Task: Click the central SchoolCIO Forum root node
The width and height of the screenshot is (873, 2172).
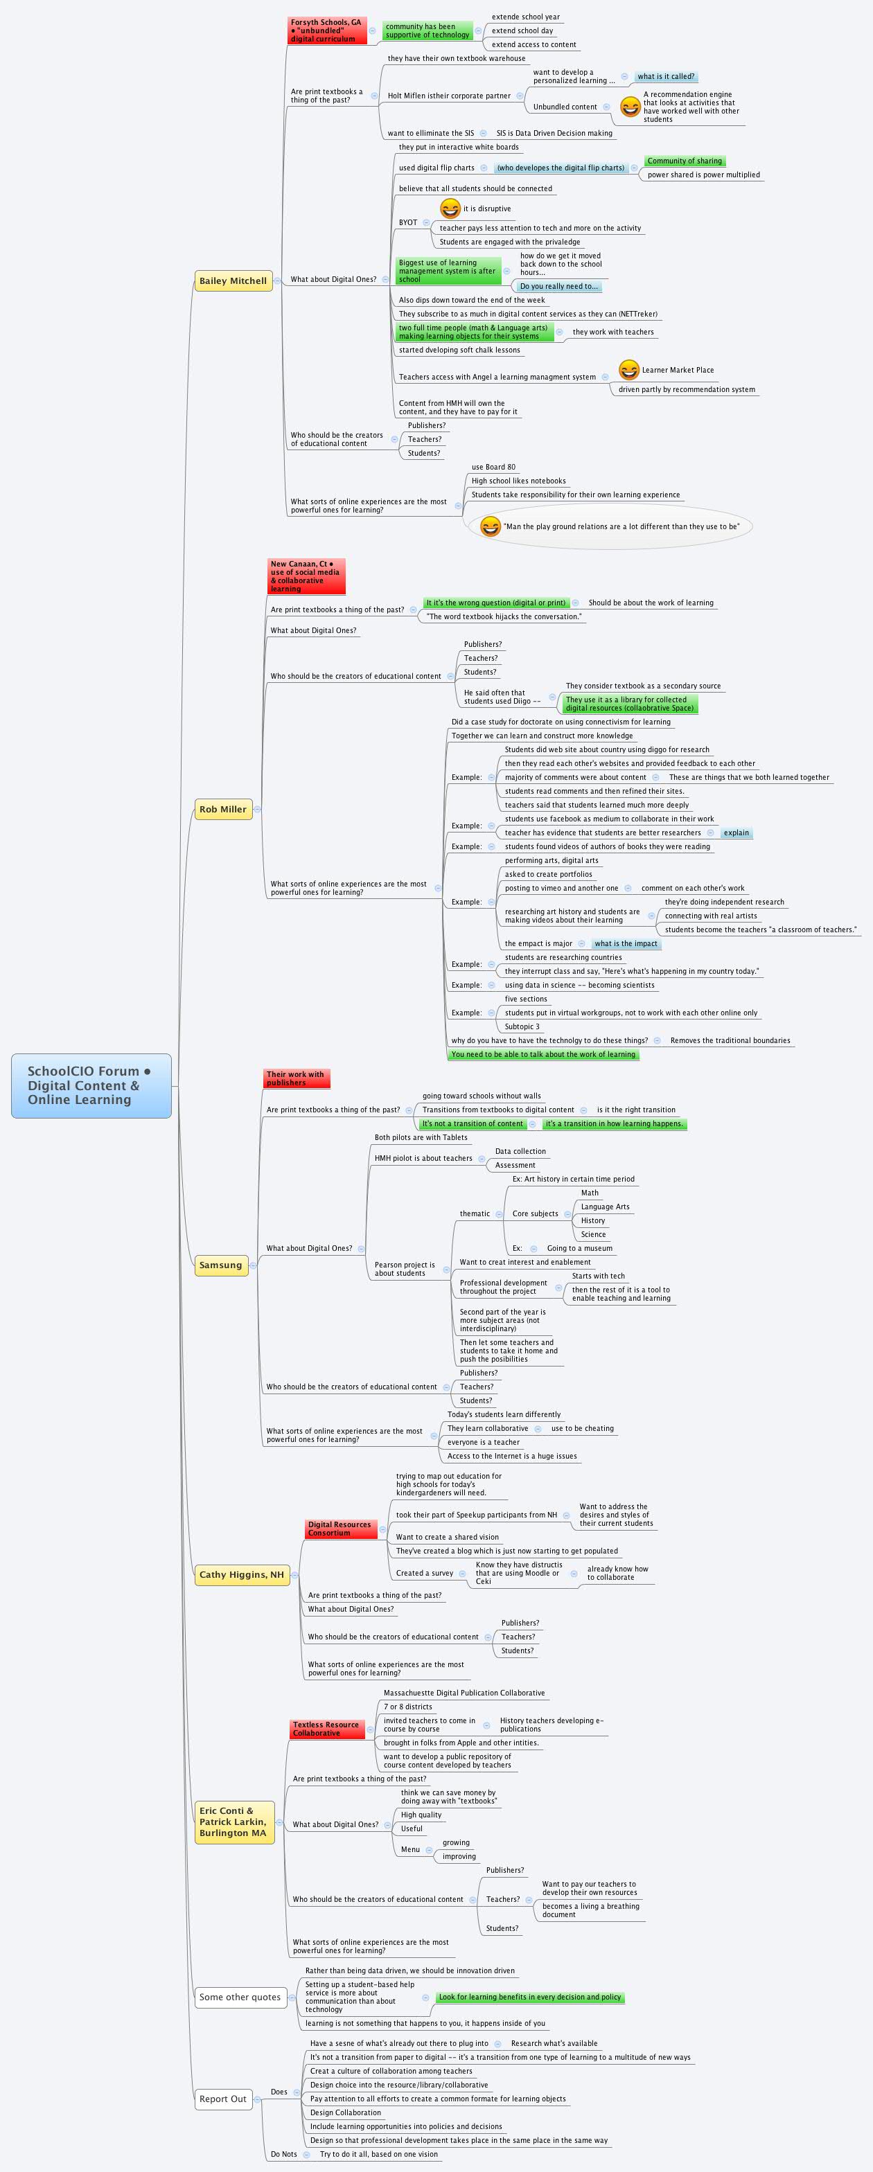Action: [x=91, y=1085]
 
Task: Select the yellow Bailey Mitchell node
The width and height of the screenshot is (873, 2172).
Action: [x=233, y=281]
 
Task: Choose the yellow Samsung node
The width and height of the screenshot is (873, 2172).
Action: [x=220, y=1265]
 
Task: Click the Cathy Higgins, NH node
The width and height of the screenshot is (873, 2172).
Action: [x=241, y=1574]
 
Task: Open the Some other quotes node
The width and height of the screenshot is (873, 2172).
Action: [x=240, y=1997]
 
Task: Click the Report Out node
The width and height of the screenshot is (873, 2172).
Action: [x=222, y=2099]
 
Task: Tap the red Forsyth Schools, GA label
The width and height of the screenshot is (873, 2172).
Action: [x=326, y=30]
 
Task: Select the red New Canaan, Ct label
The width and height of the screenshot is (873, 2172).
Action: [x=306, y=576]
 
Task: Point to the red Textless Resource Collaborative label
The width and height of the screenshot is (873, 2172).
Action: [x=326, y=1729]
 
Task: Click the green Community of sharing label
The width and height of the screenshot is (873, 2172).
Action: [x=684, y=161]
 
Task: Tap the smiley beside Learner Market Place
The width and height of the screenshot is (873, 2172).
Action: [x=628, y=369]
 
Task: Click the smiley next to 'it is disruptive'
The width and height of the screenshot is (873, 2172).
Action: [x=450, y=208]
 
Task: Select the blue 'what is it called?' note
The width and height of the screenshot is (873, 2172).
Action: [x=666, y=77]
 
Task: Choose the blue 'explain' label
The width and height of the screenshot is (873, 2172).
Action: [x=736, y=833]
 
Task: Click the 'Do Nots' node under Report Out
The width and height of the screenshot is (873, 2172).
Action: [x=284, y=2153]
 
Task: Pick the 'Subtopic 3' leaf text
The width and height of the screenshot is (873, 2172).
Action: [x=522, y=1026]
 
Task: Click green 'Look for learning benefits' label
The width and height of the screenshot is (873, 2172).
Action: [x=530, y=1997]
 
